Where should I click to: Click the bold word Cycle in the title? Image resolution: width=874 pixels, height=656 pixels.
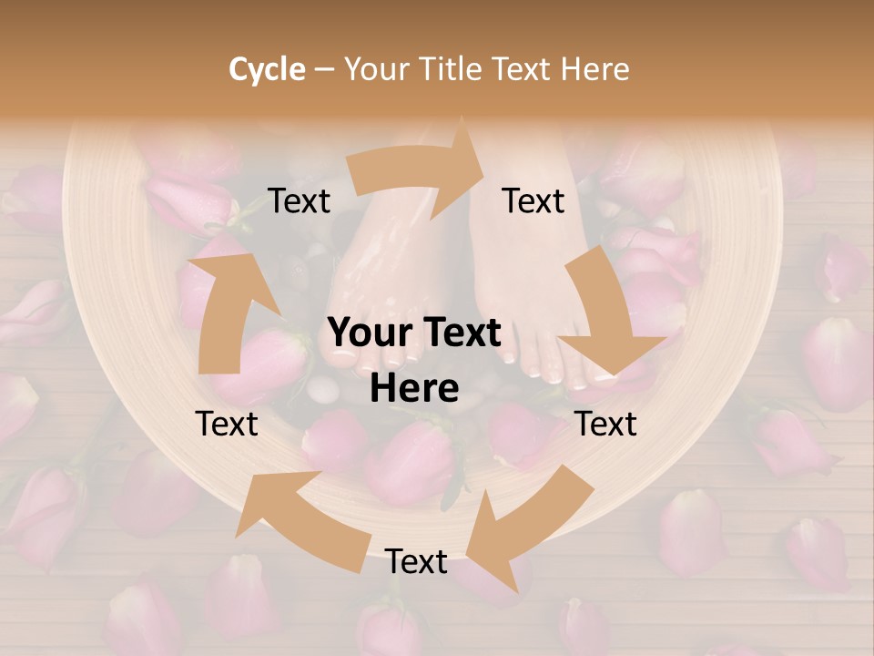[267, 69]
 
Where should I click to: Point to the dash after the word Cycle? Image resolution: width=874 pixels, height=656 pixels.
[323, 69]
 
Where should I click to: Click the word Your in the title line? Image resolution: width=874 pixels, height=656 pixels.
[375, 69]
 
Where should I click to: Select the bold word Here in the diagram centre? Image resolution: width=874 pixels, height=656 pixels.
[414, 389]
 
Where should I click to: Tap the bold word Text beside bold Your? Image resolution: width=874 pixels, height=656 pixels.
[461, 333]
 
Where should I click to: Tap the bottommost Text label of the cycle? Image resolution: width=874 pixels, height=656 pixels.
[416, 562]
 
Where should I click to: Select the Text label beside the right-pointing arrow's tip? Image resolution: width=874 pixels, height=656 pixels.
[534, 201]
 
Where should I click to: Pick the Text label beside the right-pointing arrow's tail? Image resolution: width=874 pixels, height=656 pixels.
[300, 201]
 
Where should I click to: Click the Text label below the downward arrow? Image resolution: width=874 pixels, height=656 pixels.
[605, 424]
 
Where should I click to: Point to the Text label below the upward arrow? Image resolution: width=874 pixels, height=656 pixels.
[227, 424]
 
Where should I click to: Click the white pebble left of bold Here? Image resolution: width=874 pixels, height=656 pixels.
[322, 391]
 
